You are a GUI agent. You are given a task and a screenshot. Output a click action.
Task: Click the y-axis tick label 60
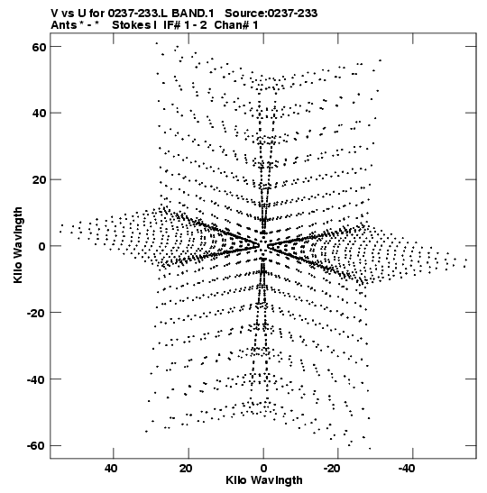pyautogui.click(x=40, y=47)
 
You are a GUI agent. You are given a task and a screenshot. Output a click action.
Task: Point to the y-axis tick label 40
pyautogui.click(x=40, y=114)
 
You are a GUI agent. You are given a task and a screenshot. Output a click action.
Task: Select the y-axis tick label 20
pyautogui.click(x=40, y=180)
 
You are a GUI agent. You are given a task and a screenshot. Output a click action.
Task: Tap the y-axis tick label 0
pyautogui.click(x=42, y=247)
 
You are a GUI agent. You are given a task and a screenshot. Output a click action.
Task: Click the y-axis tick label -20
pyautogui.click(x=36, y=313)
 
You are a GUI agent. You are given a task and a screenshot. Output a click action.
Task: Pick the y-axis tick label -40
pyautogui.click(x=36, y=379)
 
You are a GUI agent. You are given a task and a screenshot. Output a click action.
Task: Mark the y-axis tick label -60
pyautogui.click(x=36, y=446)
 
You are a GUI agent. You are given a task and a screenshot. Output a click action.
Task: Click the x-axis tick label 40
pyautogui.click(x=111, y=469)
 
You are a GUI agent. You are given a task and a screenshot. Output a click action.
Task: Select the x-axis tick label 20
pyautogui.click(x=186, y=469)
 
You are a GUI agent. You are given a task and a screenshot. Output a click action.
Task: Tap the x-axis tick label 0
pyautogui.click(x=263, y=469)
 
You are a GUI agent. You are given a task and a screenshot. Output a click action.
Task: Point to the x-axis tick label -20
pyautogui.click(x=332, y=469)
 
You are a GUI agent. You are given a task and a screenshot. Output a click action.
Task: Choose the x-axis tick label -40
pyautogui.click(x=407, y=469)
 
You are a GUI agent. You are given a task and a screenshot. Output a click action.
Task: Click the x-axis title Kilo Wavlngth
pyautogui.click(x=264, y=480)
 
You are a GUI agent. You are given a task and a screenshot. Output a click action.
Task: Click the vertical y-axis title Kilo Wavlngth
pyautogui.click(x=18, y=245)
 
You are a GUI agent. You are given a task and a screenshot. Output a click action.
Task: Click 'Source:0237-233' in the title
pyautogui.click(x=271, y=14)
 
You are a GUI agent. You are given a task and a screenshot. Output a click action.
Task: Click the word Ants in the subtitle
pyautogui.click(x=64, y=25)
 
